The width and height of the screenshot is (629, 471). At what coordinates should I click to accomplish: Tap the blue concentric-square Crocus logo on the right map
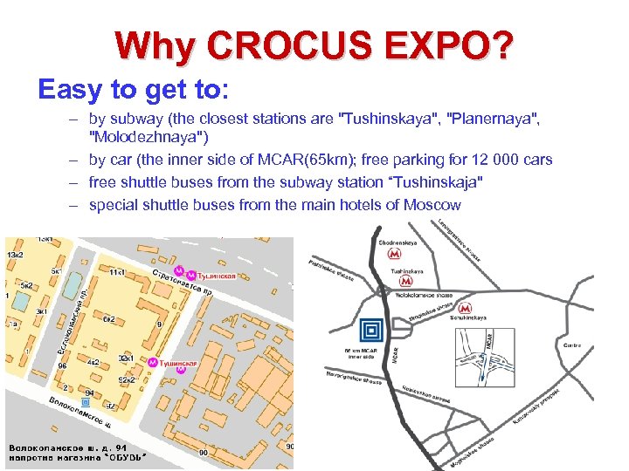coord(371,330)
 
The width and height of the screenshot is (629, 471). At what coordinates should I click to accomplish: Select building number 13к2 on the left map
coord(16,253)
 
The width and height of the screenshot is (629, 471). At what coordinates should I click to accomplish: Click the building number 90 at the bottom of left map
coord(204,453)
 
